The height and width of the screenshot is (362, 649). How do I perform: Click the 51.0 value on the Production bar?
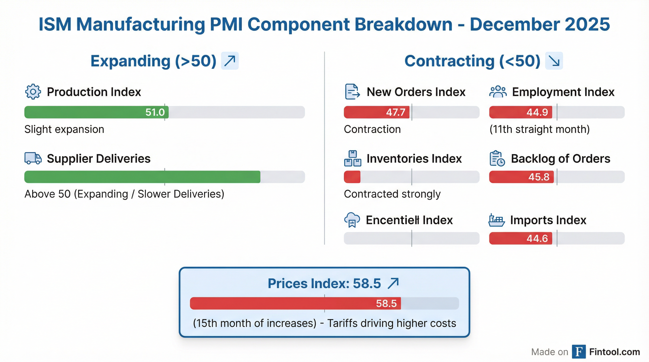point(155,112)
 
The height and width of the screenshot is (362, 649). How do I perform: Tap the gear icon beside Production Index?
point(33,92)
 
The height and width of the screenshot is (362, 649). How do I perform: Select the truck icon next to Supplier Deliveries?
point(33,158)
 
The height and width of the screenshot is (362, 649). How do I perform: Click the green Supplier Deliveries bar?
point(142,177)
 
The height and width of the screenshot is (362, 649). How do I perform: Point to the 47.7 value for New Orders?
point(395,112)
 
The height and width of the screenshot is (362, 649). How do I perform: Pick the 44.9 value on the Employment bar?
point(537,112)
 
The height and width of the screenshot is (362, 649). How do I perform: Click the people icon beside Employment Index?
point(498,92)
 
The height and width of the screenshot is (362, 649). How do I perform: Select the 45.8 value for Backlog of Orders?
point(539,177)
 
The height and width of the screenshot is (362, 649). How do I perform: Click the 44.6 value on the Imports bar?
point(537,239)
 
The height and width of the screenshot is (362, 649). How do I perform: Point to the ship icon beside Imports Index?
point(497,220)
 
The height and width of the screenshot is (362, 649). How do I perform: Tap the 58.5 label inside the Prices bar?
point(386,304)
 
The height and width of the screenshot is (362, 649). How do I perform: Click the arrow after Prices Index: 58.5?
point(393,284)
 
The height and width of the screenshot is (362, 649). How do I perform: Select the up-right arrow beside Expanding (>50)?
point(230,61)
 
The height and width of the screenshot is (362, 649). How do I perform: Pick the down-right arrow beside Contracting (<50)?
point(554,61)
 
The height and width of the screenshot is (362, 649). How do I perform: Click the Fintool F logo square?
point(579,352)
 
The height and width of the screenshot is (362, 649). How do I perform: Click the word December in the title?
point(514,25)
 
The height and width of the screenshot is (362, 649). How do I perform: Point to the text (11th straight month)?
point(539,129)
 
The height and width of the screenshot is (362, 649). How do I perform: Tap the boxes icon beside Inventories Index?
point(353,159)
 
